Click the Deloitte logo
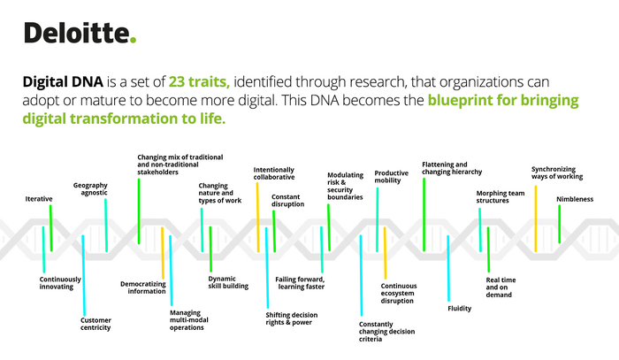(x=80, y=33)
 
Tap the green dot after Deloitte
(x=133, y=40)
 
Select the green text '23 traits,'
(x=199, y=81)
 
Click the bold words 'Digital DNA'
(x=63, y=81)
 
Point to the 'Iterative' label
(x=39, y=199)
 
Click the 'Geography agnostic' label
(x=90, y=188)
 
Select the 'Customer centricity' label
(x=96, y=324)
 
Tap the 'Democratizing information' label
(x=143, y=287)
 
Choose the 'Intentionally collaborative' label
(x=274, y=173)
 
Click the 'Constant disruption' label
(x=287, y=201)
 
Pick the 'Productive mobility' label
(x=391, y=176)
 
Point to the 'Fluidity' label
(x=460, y=309)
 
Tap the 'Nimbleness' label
(x=575, y=199)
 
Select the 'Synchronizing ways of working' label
(x=557, y=172)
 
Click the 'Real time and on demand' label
(x=501, y=287)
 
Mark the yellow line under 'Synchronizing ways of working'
(x=536, y=218)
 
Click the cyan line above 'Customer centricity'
(x=83, y=275)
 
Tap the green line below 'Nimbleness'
(x=560, y=224)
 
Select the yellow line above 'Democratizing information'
(x=162, y=253)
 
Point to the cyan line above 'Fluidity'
(x=448, y=268)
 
